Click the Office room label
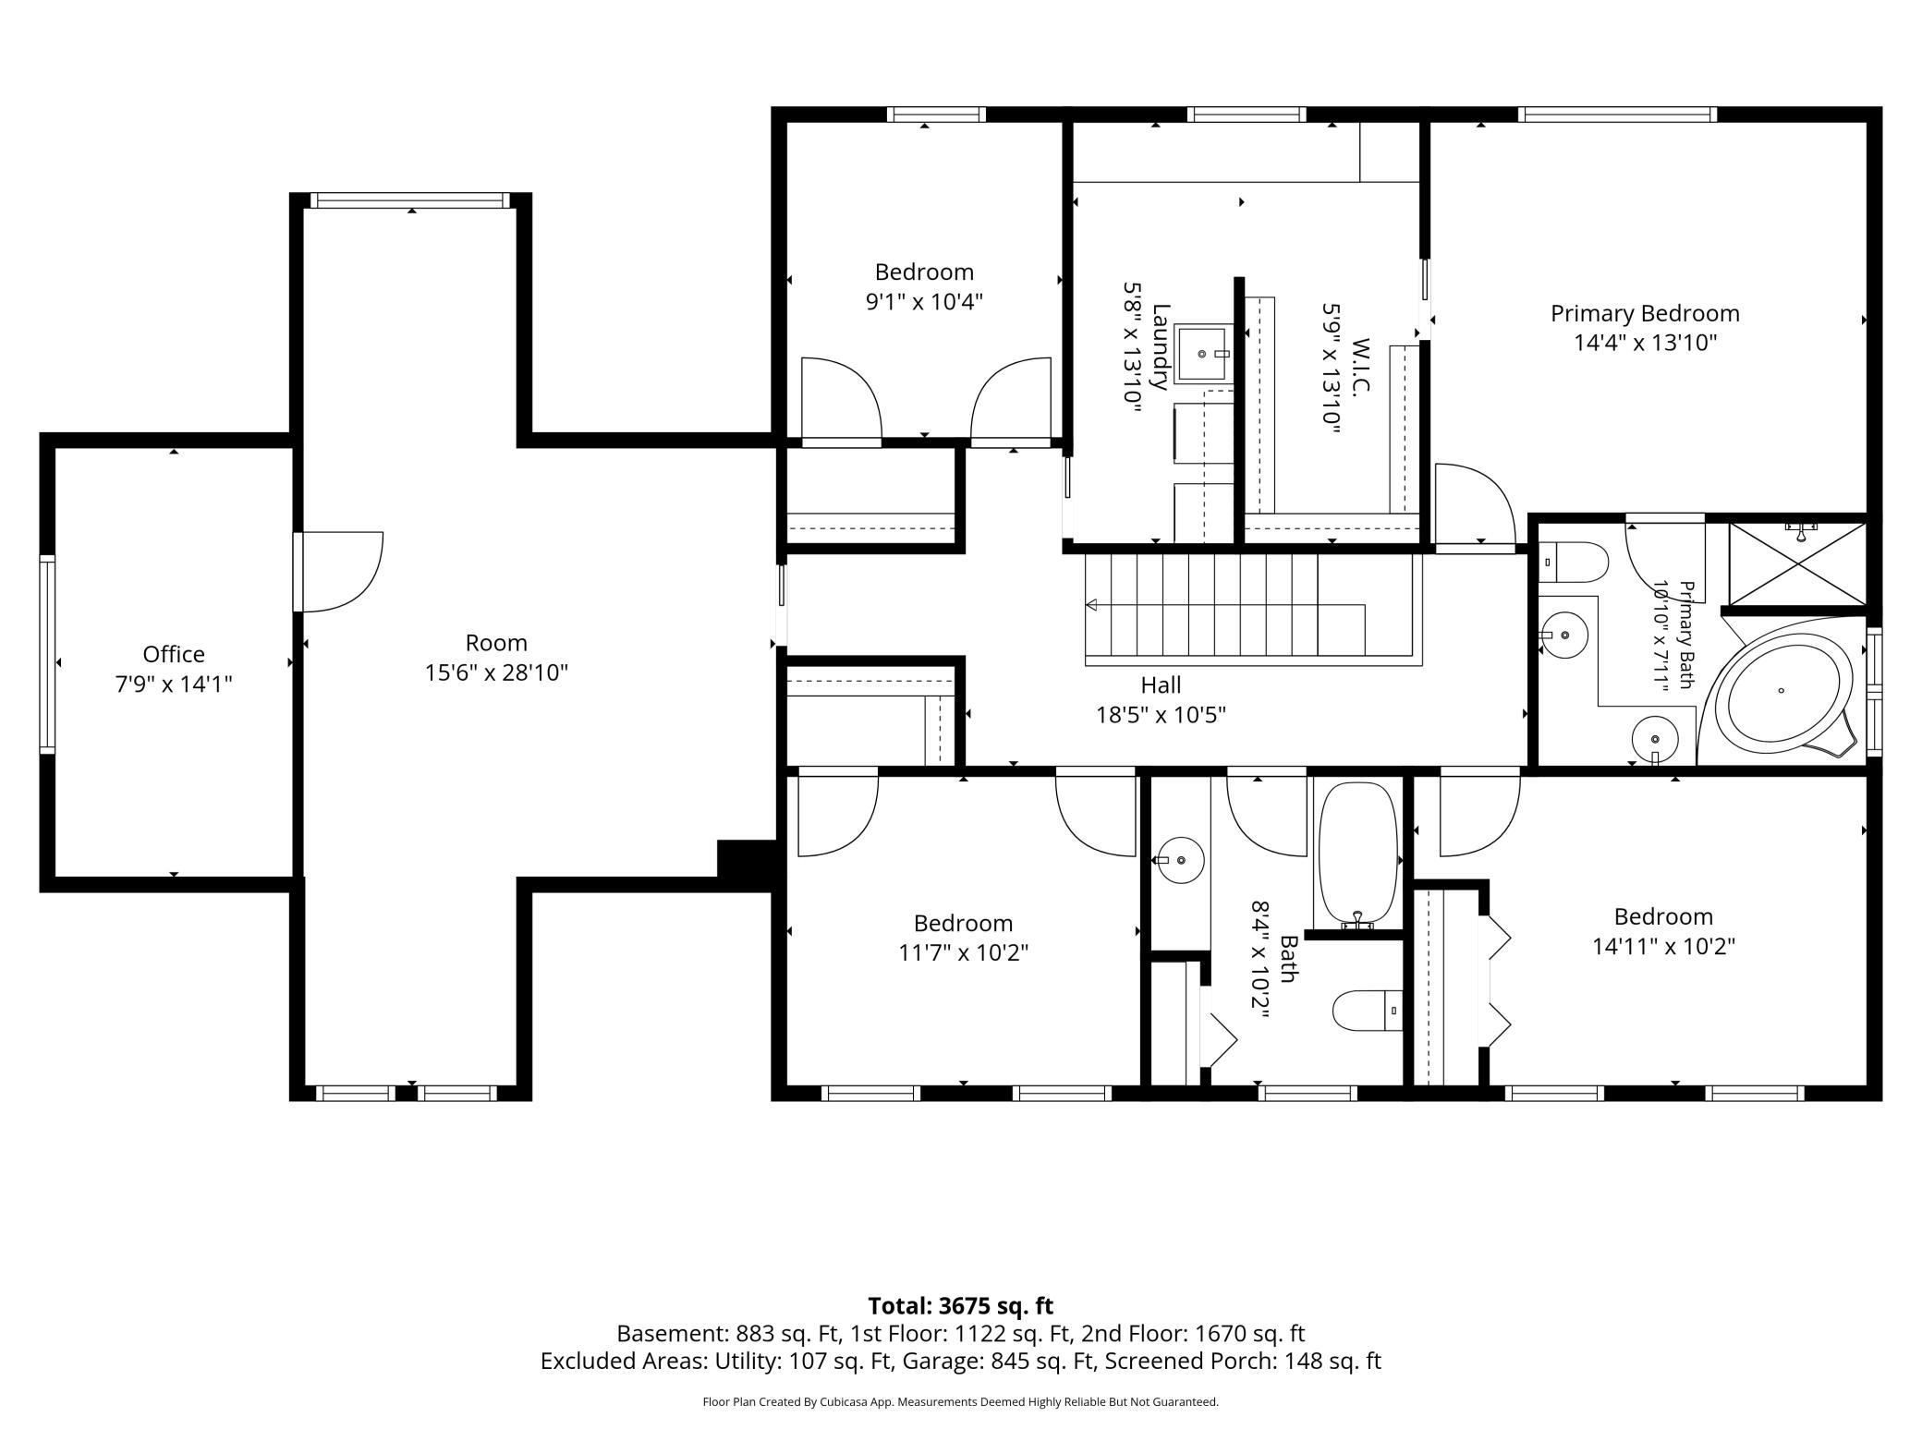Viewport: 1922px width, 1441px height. (x=174, y=654)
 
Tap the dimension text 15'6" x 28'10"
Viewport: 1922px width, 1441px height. (x=496, y=672)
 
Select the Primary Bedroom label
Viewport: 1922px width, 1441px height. (x=1645, y=314)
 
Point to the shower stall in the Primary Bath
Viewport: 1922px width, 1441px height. (x=1797, y=564)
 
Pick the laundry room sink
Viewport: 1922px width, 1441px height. (x=1205, y=353)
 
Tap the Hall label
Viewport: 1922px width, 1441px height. (x=1161, y=685)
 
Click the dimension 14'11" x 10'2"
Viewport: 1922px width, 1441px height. (x=1663, y=947)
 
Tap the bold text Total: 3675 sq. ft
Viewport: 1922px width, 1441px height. (x=960, y=1306)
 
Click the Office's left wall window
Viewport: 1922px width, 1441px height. (x=46, y=654)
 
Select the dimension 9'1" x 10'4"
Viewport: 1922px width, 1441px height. (x=924, y=302)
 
